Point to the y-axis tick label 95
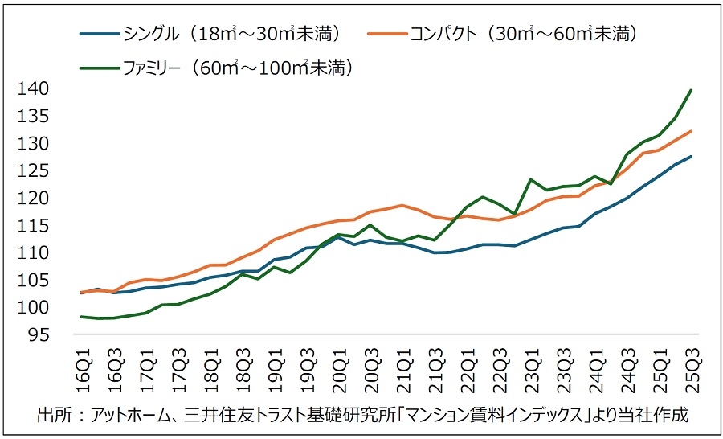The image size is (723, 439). point(35,335)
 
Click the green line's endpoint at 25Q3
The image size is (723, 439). point(692,90)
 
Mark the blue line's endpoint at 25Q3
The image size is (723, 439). point(692,157)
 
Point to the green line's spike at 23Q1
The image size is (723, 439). point(531,179)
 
